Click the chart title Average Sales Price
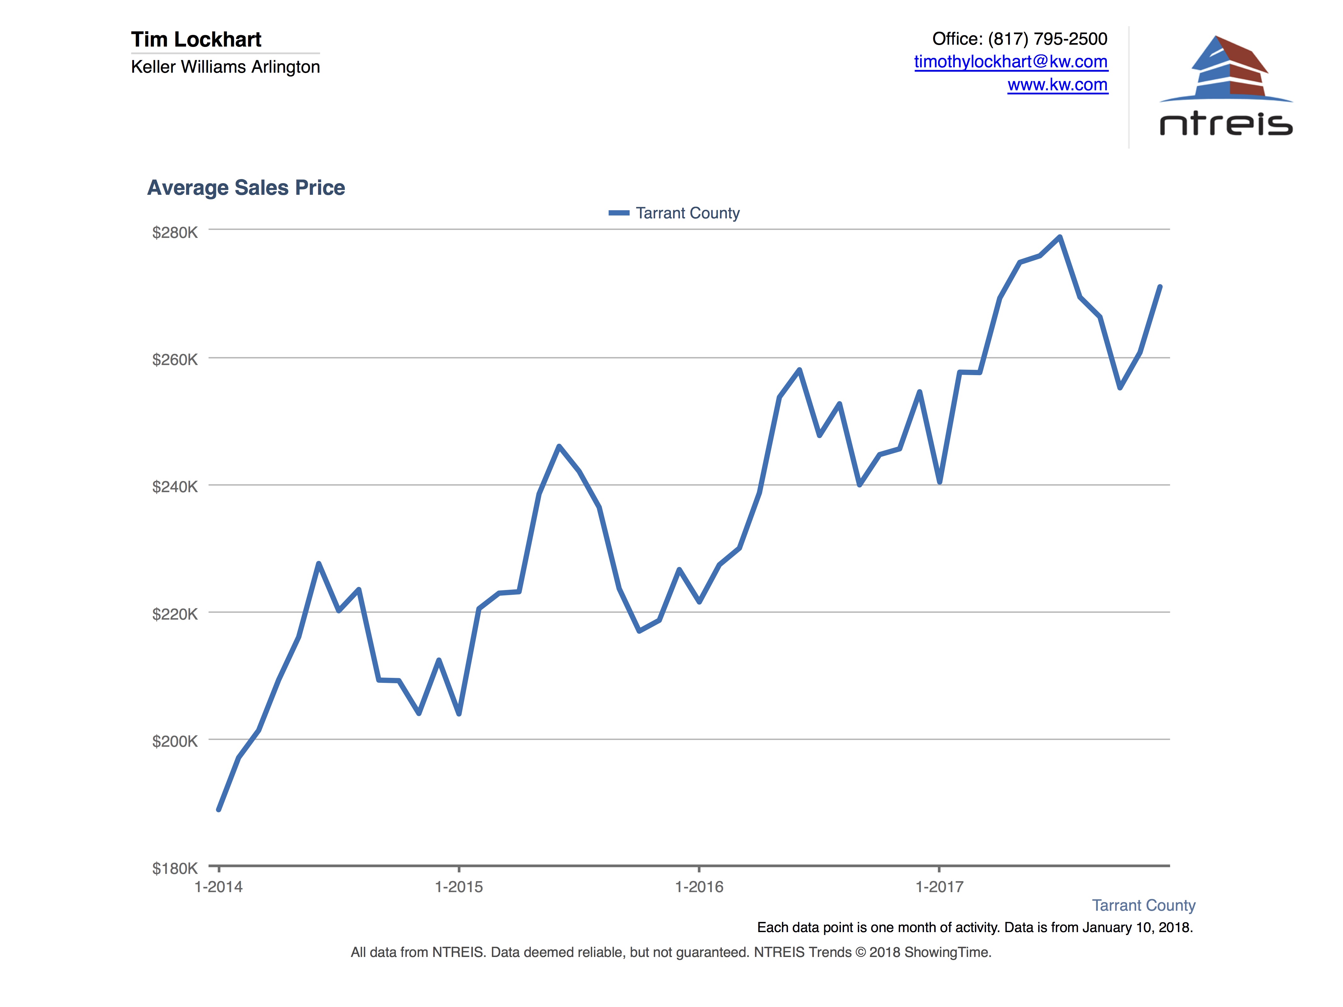point(246,188)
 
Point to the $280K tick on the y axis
point(175,233)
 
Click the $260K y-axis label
point(175,359)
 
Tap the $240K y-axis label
point(175,486)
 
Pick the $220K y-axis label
point(175,614)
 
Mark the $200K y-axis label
point(175,740)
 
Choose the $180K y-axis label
point(175,868)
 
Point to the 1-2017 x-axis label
point(939,887)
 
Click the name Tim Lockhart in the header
point(196,39)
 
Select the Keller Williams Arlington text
point(225,67)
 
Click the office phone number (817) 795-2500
point(1047,39)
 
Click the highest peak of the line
point(1059,237)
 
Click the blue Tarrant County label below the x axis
point(1143,905)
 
